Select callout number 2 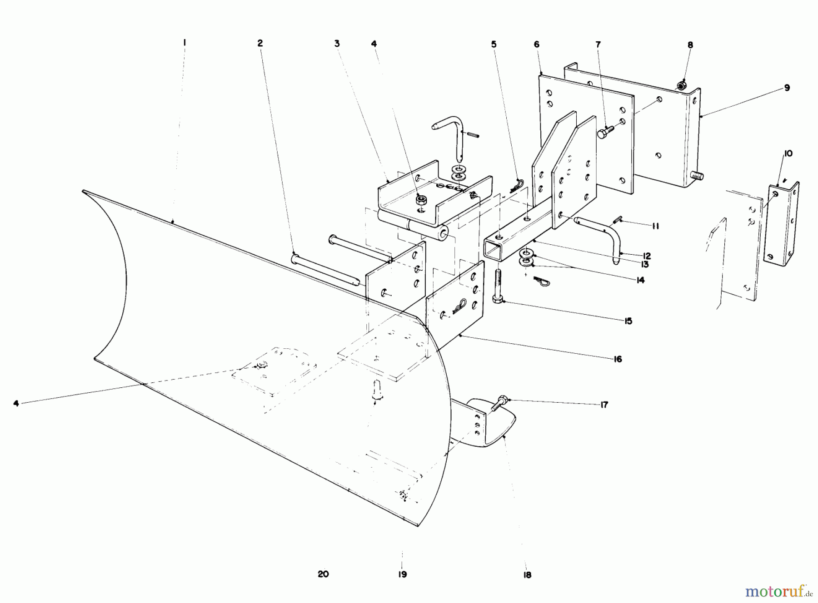click(x=260, y=43)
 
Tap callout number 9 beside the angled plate click(x=787, y=88)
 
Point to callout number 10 click(x=788, y=153)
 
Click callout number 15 click(x=628, y=321)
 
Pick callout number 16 click(x=617, y=359)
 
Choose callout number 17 click(x=604, y=405)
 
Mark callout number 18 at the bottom click(x=527, y=574)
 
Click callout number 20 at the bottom click(x=323, y=574)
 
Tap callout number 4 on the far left click(x=16, y=403)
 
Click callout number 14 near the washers click(x=640, y=280)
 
